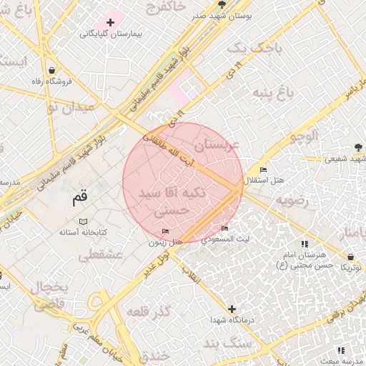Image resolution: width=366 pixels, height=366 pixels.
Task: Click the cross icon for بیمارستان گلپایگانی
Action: point(110,23)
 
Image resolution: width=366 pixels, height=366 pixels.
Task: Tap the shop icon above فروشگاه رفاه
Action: point(52,70)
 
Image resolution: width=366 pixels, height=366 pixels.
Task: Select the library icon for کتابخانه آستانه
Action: point(83,222)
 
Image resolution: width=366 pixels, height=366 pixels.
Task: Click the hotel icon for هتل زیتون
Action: point(166,231)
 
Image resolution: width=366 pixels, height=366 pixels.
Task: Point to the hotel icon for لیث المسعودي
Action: point(225,229)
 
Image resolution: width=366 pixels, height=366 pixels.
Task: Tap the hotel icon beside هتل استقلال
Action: point(263,169)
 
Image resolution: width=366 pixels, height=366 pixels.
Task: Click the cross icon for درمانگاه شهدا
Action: point(231,308)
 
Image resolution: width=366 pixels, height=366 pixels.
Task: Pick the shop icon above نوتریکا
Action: point(350,255)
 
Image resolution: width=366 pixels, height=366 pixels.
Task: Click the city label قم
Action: point(81,197)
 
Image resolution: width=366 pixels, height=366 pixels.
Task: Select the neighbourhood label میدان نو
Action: point(70,108)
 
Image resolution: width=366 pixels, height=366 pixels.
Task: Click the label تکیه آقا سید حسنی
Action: point(172,202)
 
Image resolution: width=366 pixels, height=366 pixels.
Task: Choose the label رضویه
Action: point(293,199)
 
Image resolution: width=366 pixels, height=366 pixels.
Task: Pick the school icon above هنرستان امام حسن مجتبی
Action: point(305,244)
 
